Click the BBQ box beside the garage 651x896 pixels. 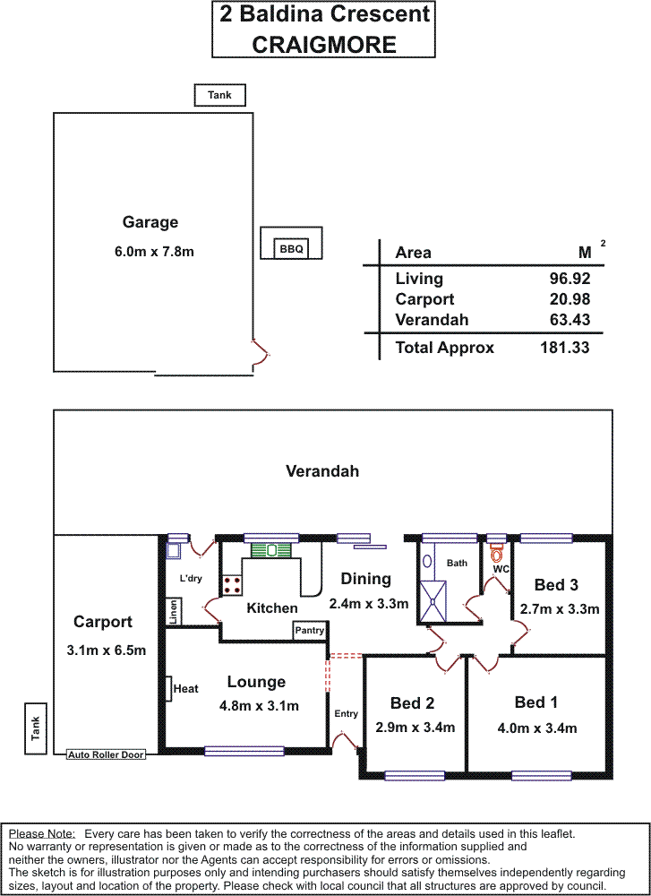point(291,248)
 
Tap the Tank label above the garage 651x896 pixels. point(219,95)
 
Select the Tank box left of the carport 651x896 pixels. point(36,728)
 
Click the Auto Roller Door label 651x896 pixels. point(106,755)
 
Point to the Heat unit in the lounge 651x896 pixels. point(169,688)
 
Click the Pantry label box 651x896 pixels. point(309,631)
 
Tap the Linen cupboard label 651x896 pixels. point(174,612)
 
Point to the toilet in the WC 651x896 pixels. point(497,553)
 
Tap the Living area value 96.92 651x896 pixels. point(569,279)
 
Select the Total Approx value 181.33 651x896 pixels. point(565,348)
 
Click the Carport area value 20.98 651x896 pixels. point(569,299)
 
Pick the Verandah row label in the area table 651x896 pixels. point(432,320)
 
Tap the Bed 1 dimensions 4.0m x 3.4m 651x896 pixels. point(536,728)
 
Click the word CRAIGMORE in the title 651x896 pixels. point(324,43)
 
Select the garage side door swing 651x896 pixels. point(260,355)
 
